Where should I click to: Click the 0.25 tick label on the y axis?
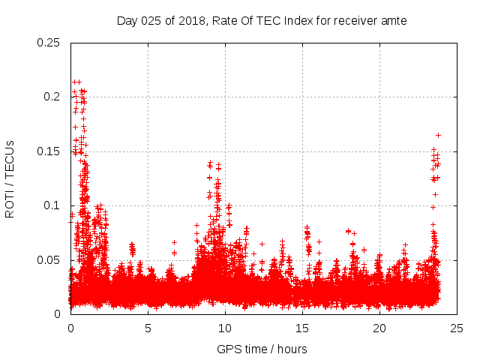(49, 43)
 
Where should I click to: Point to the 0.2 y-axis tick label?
(52, 97)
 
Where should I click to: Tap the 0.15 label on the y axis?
(49, 151)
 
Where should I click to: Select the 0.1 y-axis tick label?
(52, 205)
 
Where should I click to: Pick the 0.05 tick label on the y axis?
(49, 259)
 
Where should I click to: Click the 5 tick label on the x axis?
(148, 328)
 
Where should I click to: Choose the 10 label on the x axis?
(225, 328)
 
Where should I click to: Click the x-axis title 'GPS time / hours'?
(262, 349)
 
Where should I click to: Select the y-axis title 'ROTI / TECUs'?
(10, 178)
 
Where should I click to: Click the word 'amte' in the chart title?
(393, 21)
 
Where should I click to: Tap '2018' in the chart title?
(189, 21)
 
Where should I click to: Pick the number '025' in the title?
(152, 21)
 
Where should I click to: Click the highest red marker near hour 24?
(438, 135)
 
